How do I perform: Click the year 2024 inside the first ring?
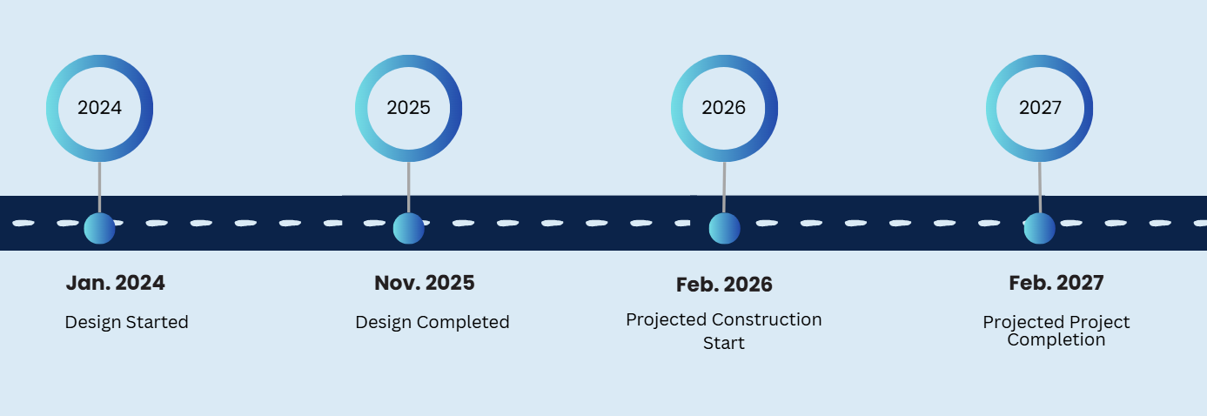pos(100,108)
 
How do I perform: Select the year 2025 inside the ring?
pos(408,108)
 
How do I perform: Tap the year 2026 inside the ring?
pos(724,108)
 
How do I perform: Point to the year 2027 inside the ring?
pos(1040,108)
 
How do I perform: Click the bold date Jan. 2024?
pos(116,283)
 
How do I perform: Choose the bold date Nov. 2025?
pos(425,283)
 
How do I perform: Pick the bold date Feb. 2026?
pos(724,285)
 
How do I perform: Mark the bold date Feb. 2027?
pos(1056,283)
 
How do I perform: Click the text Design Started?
pos(127,322)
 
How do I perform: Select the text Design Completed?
pos(433,322)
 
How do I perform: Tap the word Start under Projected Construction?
pos(724,343)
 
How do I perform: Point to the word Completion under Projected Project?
pos(1056,340)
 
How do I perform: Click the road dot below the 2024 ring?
pos(100,229)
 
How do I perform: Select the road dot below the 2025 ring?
pos(408,229)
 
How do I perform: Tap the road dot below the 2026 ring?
pos(724,229)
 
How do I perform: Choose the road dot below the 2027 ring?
pos(1039,229)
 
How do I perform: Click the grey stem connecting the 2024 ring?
pos(100,187)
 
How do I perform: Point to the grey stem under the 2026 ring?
pos(724,187)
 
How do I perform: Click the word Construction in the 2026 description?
pos(767,319)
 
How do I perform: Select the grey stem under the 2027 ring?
pos(1040,187)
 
